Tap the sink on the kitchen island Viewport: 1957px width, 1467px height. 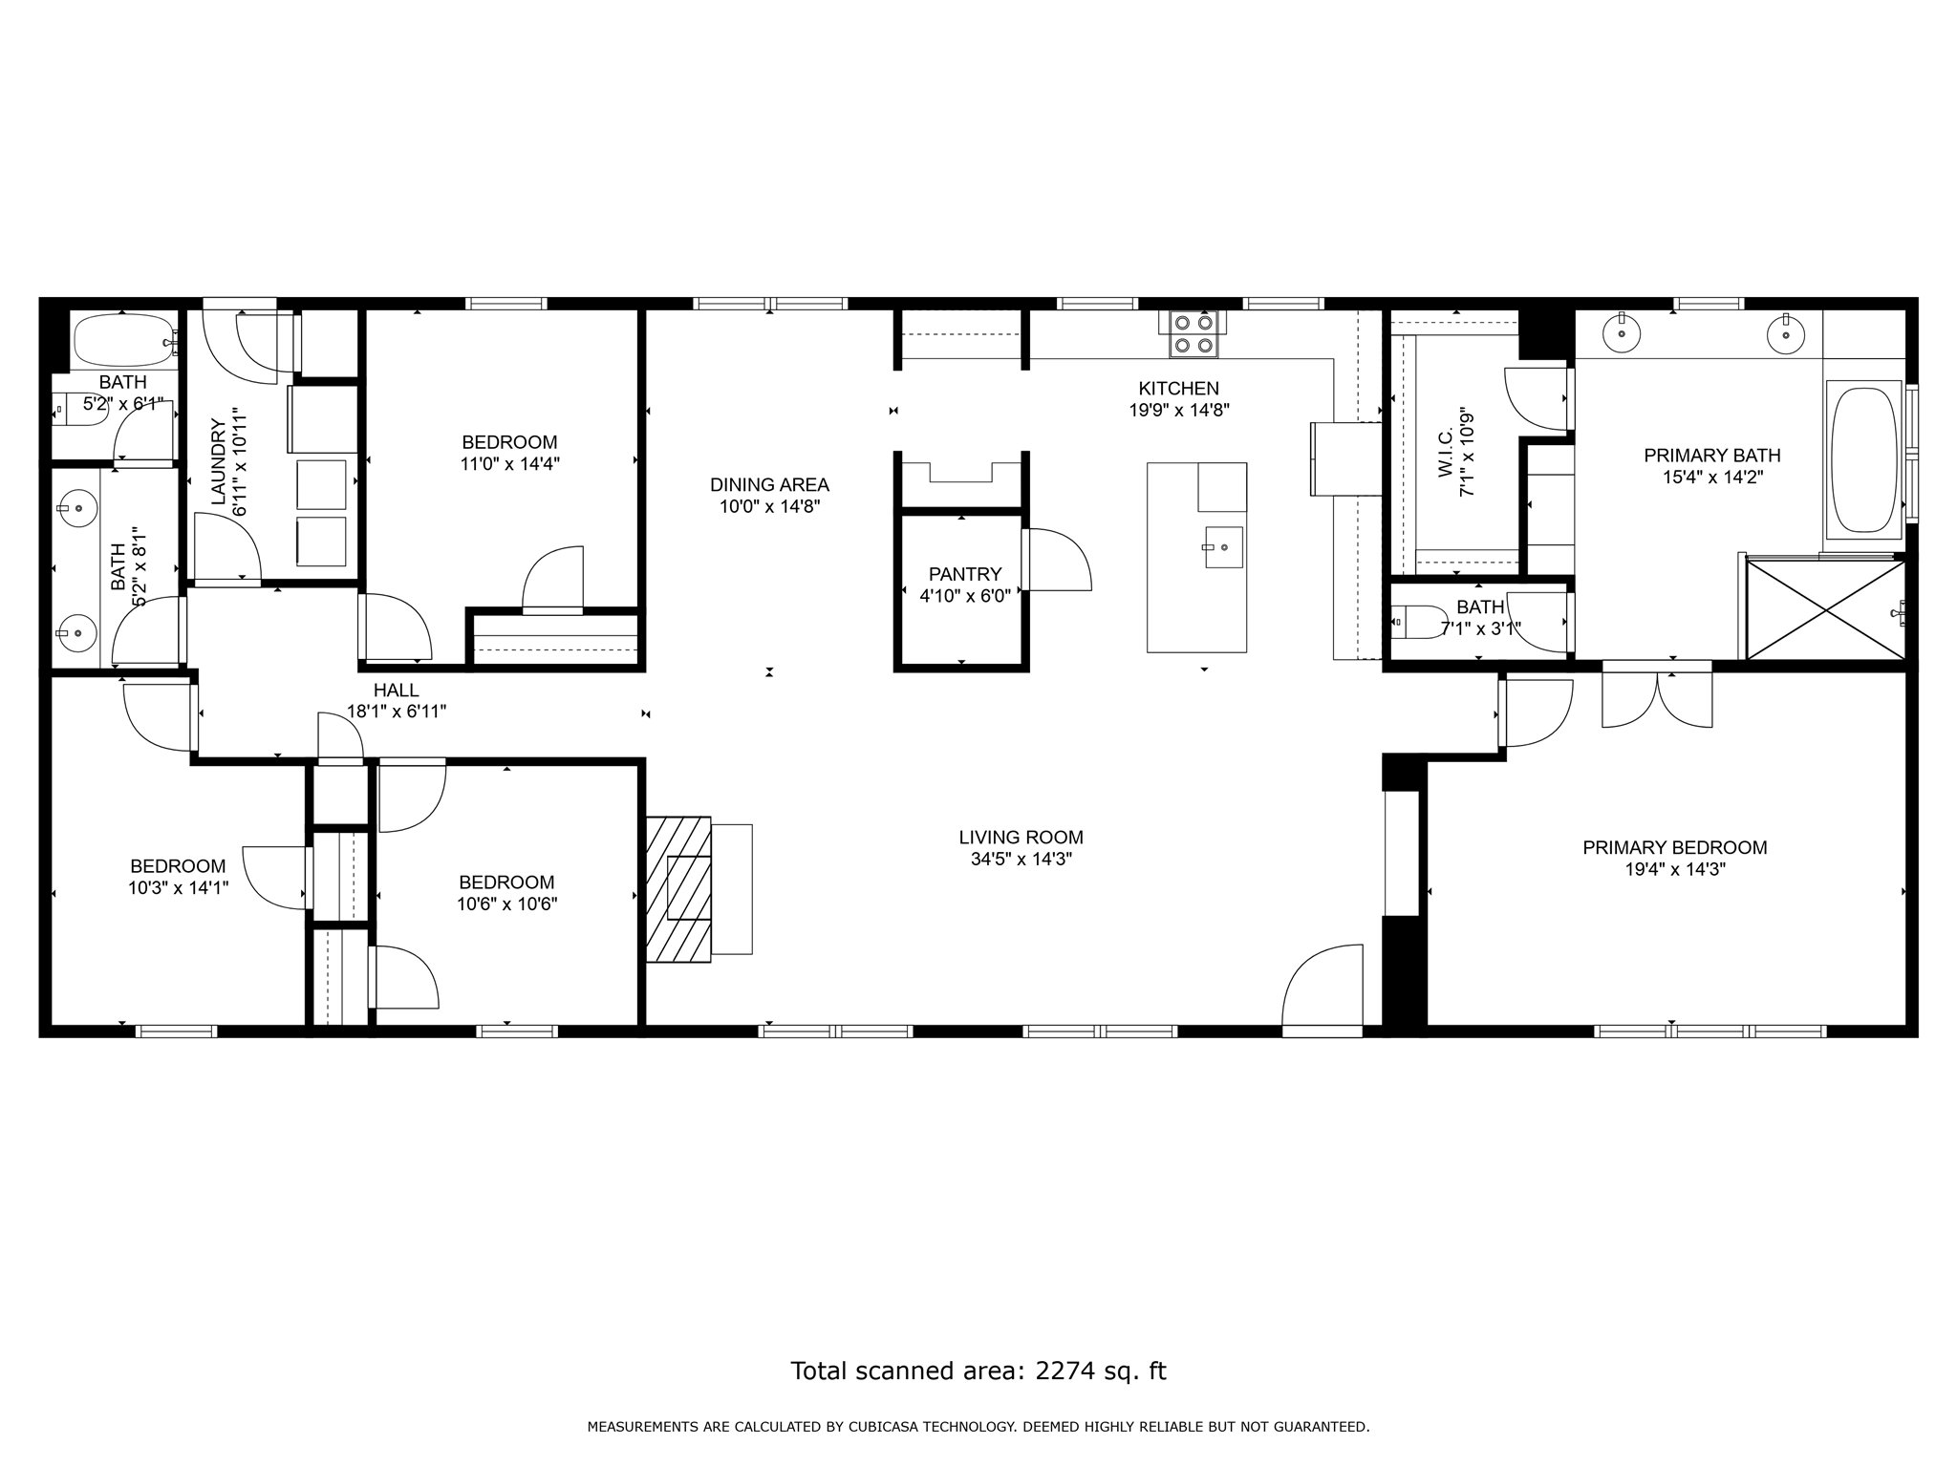tap(1223, 547)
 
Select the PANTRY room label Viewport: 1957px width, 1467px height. tap(965, 574)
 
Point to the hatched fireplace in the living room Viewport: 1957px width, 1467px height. tap(678, 889)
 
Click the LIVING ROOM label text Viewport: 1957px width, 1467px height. tap(1022, 838)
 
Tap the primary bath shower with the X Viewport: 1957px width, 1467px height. tap(1825, 609)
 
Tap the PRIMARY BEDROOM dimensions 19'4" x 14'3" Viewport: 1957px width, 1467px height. tap(1674, 870)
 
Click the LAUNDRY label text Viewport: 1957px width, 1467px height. tap(218, 461)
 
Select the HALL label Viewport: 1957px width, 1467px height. tap(397, 690)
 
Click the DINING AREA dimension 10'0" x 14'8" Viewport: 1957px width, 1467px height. tap(770, 507)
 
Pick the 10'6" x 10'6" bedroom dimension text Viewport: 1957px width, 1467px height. tap(506, 904)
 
